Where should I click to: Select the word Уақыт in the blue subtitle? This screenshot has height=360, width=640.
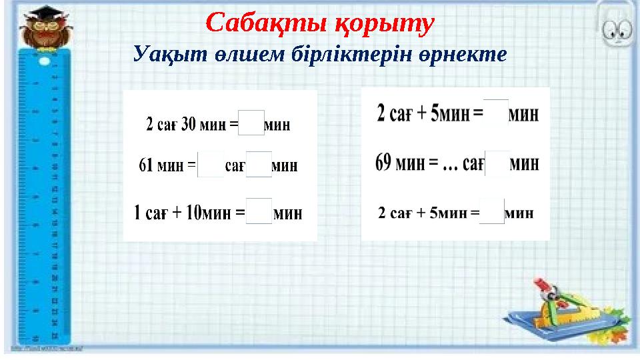pyautogui.click(x=160, y=53)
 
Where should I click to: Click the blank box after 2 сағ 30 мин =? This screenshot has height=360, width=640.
pyautogui.click(x=251, y=124)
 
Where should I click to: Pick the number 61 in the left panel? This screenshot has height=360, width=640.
pyautogui.click(x=146, y=165)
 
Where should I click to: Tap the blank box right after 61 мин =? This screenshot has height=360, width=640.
pyautogui.click(x=211, y=165)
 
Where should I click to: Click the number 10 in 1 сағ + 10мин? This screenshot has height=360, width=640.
pyautogui.click(x=194, y=213)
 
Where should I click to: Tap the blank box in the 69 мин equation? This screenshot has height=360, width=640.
pyautogui.click(x=497, y=163)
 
